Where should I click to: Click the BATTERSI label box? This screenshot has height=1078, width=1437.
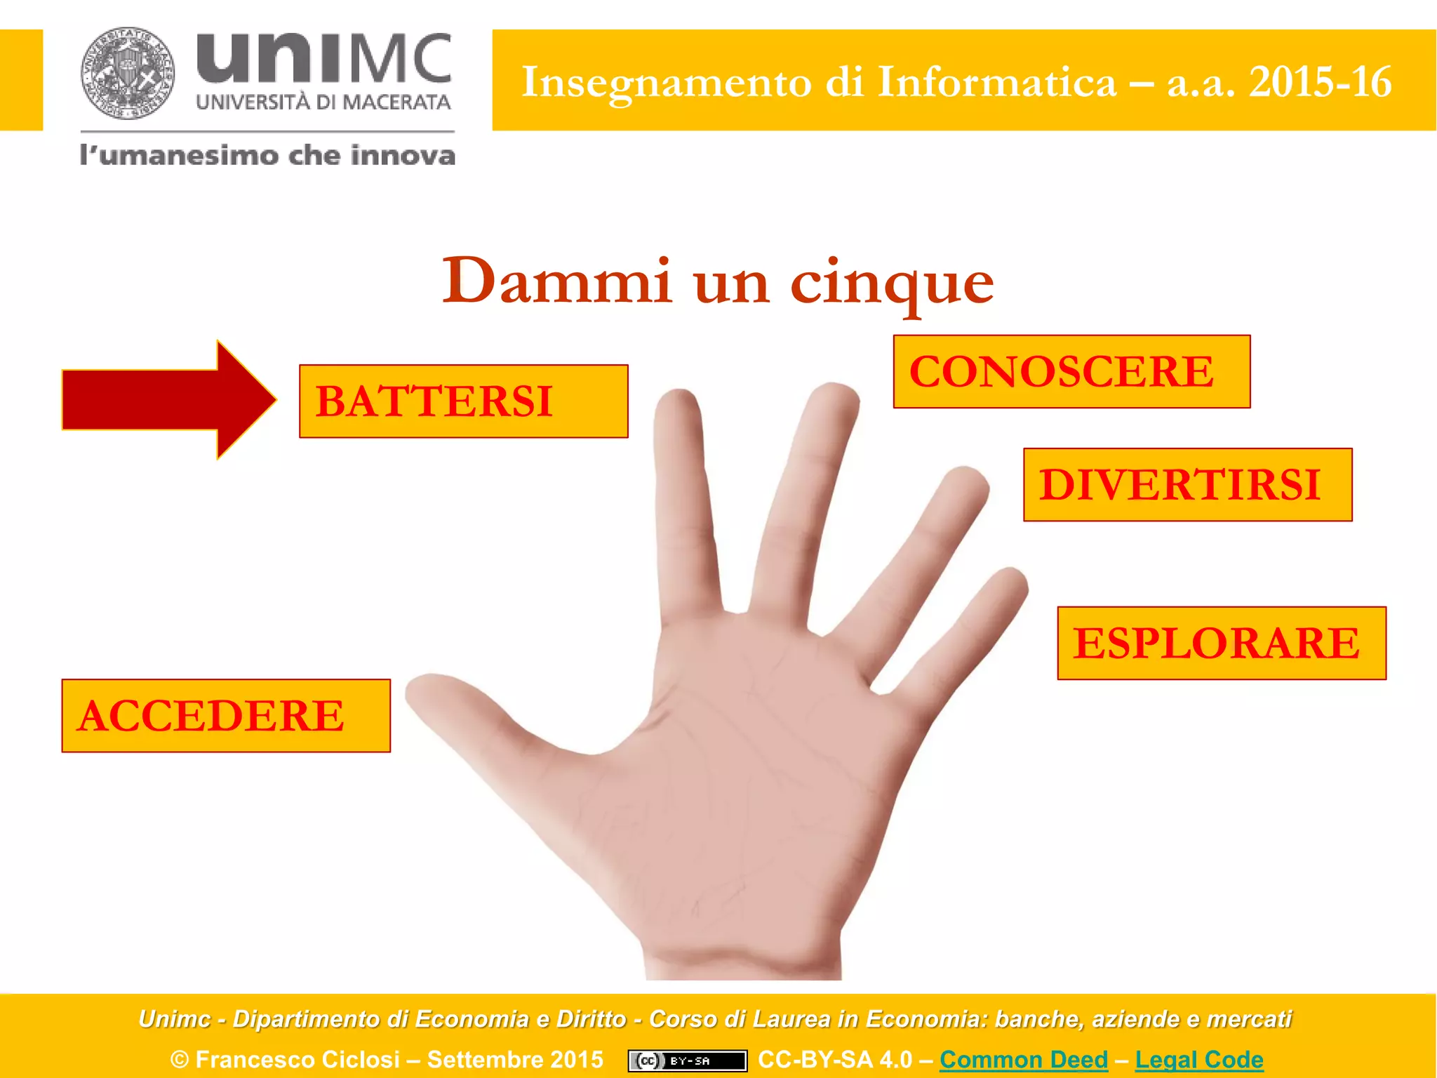tap(463, 401)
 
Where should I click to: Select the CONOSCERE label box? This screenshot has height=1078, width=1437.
tap(1071, 371)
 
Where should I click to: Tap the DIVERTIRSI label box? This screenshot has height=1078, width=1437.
tap(1187, 485)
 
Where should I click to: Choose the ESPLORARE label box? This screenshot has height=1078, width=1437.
tap(1222, 643)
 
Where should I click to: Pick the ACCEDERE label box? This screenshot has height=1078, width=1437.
tap(226, 716)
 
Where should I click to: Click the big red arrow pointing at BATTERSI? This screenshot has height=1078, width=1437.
tap(169, 400)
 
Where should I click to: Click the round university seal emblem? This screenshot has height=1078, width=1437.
tap(127, 73)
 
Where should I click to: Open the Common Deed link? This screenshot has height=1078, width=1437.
tap(1024, 1059)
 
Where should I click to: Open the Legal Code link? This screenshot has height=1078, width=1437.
tap(1199, 1059)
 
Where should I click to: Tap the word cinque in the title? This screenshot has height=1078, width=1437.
tap(892, 282)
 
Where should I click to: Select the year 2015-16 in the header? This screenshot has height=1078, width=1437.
tap(1320, 82)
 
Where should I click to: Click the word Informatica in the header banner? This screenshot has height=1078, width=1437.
tap(997, 82)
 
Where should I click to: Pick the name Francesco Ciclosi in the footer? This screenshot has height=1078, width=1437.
tap(298, 1059)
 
